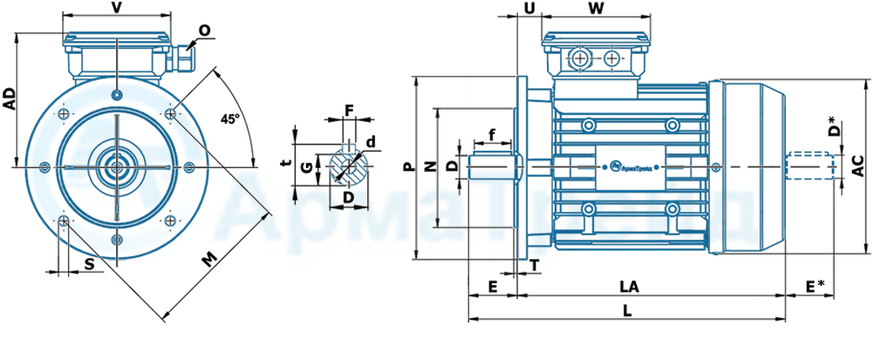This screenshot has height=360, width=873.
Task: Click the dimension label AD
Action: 10,98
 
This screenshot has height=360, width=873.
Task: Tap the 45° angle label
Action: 229,119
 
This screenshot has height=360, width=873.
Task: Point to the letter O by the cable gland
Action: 204,31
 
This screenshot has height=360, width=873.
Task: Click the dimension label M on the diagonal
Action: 208,259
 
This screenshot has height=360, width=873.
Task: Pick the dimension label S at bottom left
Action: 90,264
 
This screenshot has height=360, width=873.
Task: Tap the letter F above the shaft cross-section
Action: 349,110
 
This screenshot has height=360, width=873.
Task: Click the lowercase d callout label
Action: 372,142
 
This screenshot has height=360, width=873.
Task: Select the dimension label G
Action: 305,169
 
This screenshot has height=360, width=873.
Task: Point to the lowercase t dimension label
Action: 285,163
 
